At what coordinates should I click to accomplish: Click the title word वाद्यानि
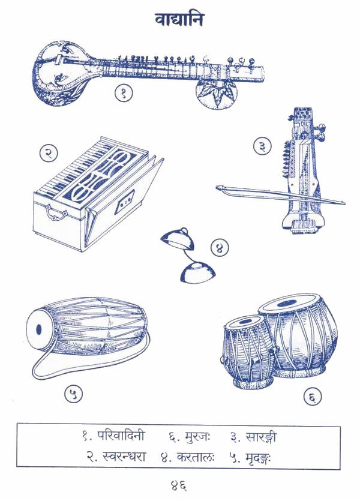179,19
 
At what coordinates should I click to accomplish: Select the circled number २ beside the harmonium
49,153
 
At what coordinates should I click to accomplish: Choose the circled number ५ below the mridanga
73,394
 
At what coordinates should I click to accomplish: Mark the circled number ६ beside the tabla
316,396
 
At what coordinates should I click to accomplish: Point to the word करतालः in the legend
191,456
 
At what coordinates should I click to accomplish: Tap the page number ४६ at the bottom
179,484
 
